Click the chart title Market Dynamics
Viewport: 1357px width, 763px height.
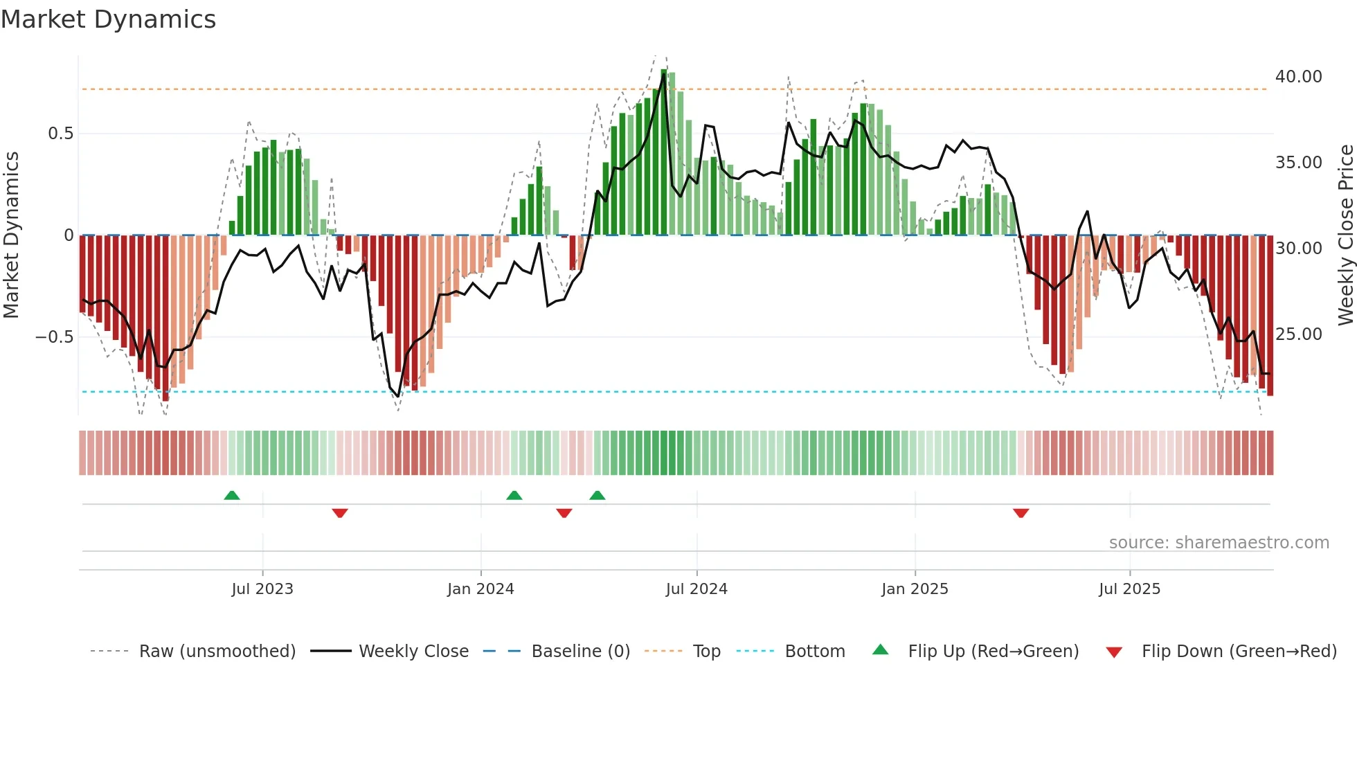[x=108, y=19]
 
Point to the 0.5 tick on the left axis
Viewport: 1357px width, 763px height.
[x=60, y=134]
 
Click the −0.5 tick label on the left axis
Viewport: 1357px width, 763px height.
[x=54, y=337]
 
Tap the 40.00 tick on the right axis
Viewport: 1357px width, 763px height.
[x=1298, y=77]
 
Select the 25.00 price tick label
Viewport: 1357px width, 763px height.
[x=1298, y=334]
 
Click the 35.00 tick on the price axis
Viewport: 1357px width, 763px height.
[x=1298, y=163]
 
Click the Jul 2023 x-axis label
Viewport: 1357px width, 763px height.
[x=262, y=589]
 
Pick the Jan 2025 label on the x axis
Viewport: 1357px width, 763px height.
[x=915, y=589]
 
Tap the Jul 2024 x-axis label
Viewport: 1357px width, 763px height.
[x=697, y=589]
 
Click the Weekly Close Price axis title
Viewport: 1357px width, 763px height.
[x=1345, y=235]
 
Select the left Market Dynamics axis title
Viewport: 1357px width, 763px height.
[x=11, y=235]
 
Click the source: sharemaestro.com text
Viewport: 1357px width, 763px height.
[x=1219, y=543]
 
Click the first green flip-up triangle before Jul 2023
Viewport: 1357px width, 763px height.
[x=232, y=495]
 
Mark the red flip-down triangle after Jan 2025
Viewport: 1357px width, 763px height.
[x=1021, y=513]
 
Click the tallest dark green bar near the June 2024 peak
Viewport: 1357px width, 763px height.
[x=664, y=152]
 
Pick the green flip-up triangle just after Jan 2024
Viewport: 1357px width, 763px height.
[x=514, y=495]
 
